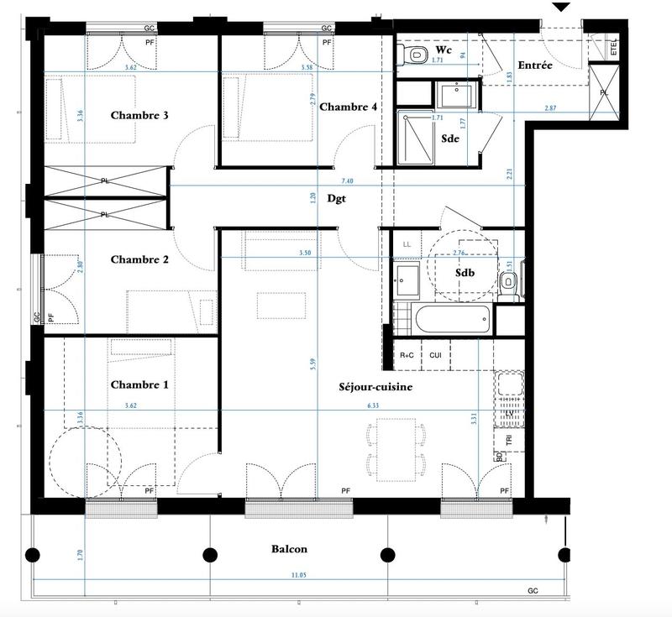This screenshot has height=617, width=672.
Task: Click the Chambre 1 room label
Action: point(139,384)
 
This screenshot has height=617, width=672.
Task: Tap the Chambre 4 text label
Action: point(349,107)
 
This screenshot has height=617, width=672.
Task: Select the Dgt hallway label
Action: point(314,199)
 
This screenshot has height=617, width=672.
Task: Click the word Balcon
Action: point(289,549)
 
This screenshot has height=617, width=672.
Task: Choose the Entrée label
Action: point(534,65)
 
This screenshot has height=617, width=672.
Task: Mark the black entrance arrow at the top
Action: point(562,7)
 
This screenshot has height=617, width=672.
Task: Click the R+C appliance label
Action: point(407,356)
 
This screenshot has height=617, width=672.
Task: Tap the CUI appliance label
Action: point(435,356)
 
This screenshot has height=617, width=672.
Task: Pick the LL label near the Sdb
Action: point(407,244)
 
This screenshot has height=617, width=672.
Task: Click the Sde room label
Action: point(449,139)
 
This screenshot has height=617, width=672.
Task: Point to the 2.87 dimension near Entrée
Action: point(549,108)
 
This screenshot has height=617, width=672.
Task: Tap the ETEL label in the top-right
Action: point(614,48)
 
